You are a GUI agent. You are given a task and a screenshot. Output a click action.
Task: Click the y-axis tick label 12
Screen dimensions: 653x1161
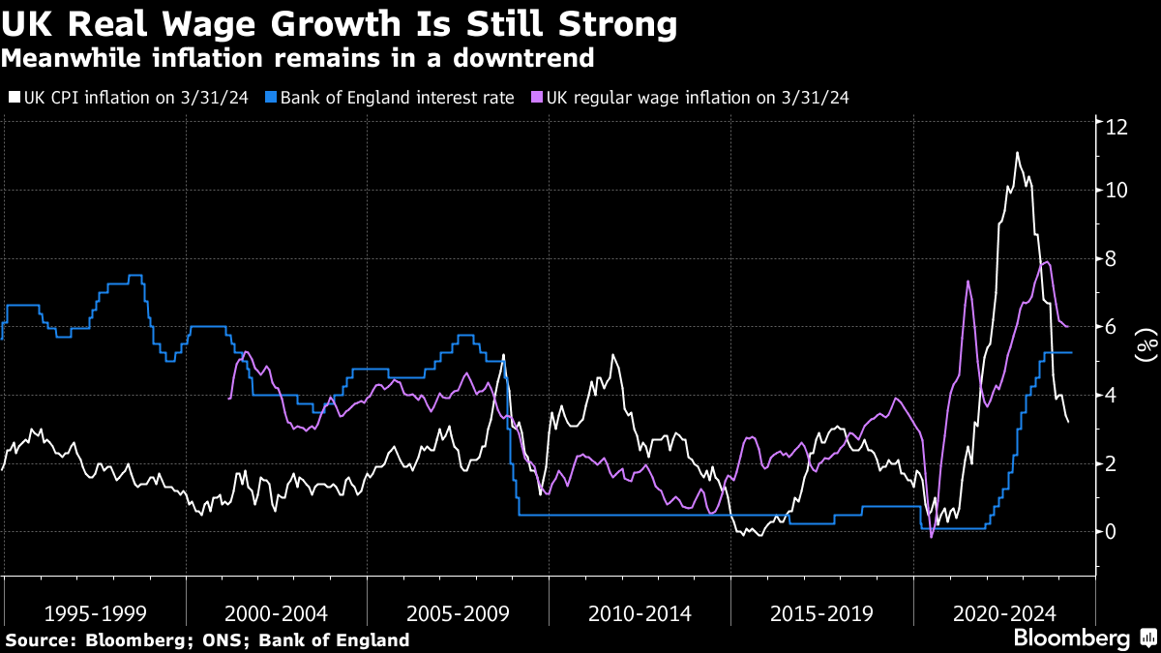[x=1118, y=126]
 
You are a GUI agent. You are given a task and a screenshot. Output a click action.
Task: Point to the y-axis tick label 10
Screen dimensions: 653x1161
[x=1118, y=191]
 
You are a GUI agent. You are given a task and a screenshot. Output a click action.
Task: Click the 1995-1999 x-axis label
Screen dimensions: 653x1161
[x=95, y=613]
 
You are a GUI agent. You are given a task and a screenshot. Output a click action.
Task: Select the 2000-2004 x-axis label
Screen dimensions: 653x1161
[x=276, y=613]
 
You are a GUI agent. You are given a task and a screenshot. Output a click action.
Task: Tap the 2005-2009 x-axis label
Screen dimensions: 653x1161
[x=458, y=613]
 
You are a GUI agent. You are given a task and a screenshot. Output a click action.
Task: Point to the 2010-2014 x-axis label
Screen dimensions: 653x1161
[x=640, y=613]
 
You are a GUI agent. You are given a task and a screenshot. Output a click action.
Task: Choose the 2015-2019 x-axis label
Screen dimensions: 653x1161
[x=821, y=613]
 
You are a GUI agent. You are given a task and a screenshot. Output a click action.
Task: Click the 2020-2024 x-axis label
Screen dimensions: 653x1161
[x=1003, y=613]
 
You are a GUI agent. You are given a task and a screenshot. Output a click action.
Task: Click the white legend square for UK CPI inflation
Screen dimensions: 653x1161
[x=13, y=98]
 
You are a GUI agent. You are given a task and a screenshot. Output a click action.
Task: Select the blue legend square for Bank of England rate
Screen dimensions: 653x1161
[x=272, y=98]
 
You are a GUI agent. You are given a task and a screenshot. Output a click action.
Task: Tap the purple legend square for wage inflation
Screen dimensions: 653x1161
[x=537, y=98]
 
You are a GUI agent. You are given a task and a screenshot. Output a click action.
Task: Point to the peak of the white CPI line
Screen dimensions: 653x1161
[x=1017, y=153]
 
